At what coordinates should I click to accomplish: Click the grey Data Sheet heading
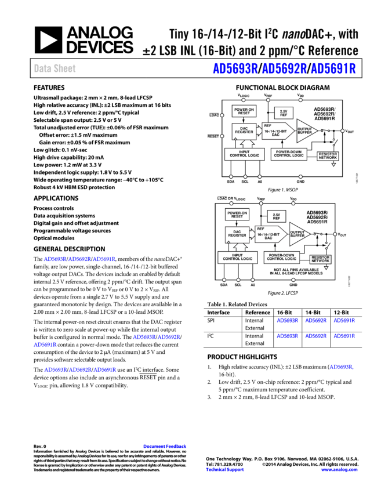click(x=55, y=68)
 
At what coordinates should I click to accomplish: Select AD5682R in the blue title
click(x=284, y=68)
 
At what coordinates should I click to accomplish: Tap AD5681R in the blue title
click(x=333, y=68)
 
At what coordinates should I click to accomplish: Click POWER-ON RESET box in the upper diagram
click(x=244, y=111)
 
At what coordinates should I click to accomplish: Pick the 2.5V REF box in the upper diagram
click(x=284, y=113)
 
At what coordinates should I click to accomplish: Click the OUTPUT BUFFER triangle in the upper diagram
click(x=305, y=131)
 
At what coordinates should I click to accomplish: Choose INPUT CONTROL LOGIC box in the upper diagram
click(x=244, y=154)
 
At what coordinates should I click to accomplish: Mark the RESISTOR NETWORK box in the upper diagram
click(x=328, y=156)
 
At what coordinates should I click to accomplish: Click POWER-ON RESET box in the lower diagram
click(x=237, y=215)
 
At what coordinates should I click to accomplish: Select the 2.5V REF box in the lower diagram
click(x=277, y=216)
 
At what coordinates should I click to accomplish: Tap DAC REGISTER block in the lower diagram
click(x=237, y=234)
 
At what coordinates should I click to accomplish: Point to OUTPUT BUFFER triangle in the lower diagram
click(x=298, y=234)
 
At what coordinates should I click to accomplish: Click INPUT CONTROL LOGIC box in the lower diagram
click(x=238, y=257)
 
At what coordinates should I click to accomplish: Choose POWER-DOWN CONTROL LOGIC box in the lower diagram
click(x=282, y=257)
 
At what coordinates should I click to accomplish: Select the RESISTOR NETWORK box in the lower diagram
click(x=321, y=259)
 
